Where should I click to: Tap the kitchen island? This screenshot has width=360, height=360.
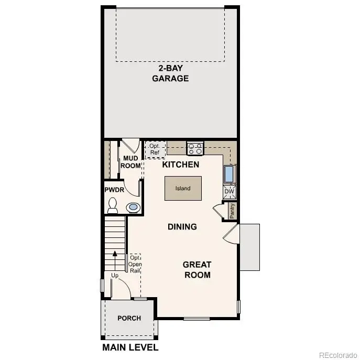pyautogui.click(x=183, y=188)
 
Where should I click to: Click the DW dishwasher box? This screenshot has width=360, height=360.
pyautogui.click(x=230, y=192)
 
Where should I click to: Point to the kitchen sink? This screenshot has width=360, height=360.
pyautogui.click(x=230, y=173)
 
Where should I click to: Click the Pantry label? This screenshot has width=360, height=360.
pyautogui.click(x=232, y=211)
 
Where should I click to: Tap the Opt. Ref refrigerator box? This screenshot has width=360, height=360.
pyautogui.click(x=155, y=149)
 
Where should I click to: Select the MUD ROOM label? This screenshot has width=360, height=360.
pyautogui.click(x=131, y=162)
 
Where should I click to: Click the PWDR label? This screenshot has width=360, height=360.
pyautogui.click(x=114, y=190)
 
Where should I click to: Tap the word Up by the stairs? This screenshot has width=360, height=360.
pyautogui.click(x=115, y=275)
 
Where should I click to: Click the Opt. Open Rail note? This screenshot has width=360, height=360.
pyautogui.click(x=135, y=264)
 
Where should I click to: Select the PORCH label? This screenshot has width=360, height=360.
pyautogui.click(x=129, y=318)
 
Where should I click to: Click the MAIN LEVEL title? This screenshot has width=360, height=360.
pyautogui.click(x=130, y=347)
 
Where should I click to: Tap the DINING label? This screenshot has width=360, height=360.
pyautogui.click(x=182, y=227)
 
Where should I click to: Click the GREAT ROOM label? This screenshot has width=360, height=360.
pyautogui.click(x=198, y=269)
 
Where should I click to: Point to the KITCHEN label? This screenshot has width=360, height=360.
pyautogui.click(x=180, y=165)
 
